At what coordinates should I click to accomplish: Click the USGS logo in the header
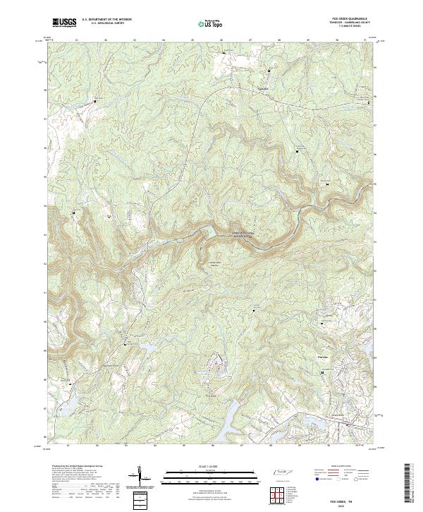(63, 23)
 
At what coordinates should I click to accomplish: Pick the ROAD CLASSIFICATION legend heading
(343, 467)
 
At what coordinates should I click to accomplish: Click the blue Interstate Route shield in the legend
(317, 478)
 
